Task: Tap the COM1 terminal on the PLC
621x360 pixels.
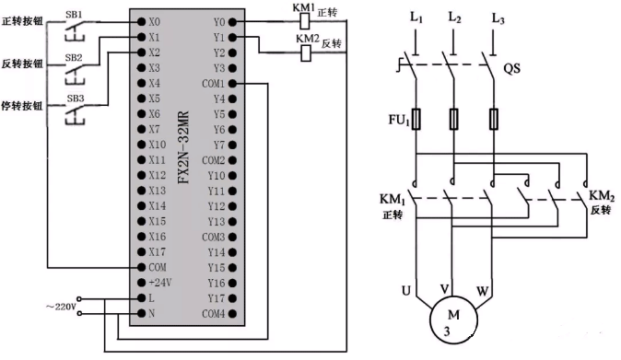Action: (215, 83)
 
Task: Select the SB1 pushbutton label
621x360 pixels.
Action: (72, 16)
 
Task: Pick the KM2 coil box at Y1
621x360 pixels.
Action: (305, 52)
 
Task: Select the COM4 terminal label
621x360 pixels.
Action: (215, 314)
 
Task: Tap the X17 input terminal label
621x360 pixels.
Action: (156, 251)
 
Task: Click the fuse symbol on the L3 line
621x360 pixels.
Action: (498, 119)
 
